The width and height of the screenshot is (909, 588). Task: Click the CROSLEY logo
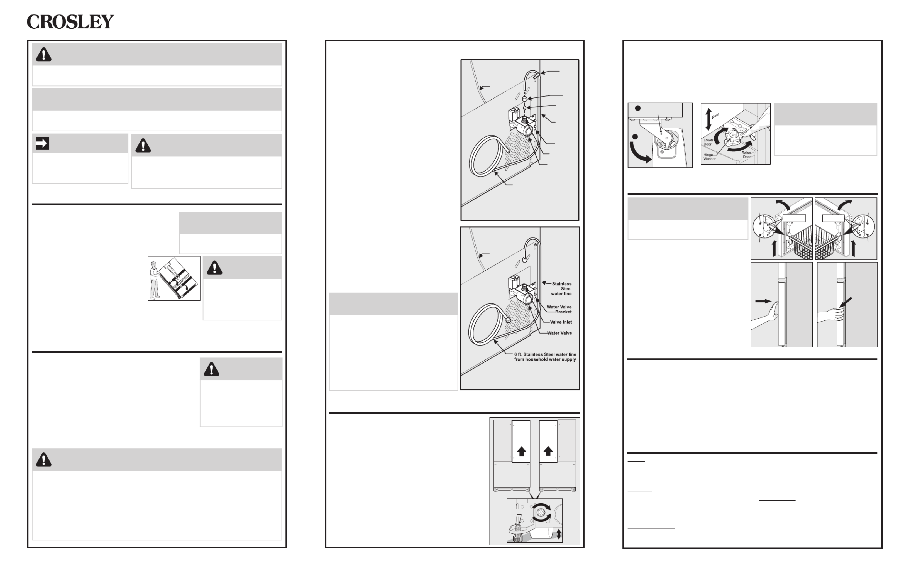click(x=70, y=22)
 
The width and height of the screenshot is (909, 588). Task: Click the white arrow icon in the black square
click(x=42, y=143)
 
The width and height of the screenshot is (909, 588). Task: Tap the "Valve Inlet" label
click(x=561, y=322)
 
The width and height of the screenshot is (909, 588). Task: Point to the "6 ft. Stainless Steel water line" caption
click(x=545, y=354)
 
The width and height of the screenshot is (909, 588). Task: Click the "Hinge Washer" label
click(x=709, y=156)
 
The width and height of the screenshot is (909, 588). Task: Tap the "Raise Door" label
click(x=746, y=155)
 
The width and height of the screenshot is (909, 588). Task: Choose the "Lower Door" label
click(x=708, y=142)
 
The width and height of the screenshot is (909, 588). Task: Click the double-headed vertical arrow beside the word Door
click(x=708, y=119)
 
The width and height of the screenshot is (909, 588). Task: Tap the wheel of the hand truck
click(x=179, y=297)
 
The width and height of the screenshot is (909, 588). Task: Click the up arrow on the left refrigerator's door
click(x=521, y=451)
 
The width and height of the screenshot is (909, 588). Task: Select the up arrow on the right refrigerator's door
click(x=548, y=451)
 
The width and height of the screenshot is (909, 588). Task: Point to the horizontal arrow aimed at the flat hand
click(x=763, y=301)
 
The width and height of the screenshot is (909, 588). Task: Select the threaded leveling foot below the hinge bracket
click(x=519, y=534)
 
